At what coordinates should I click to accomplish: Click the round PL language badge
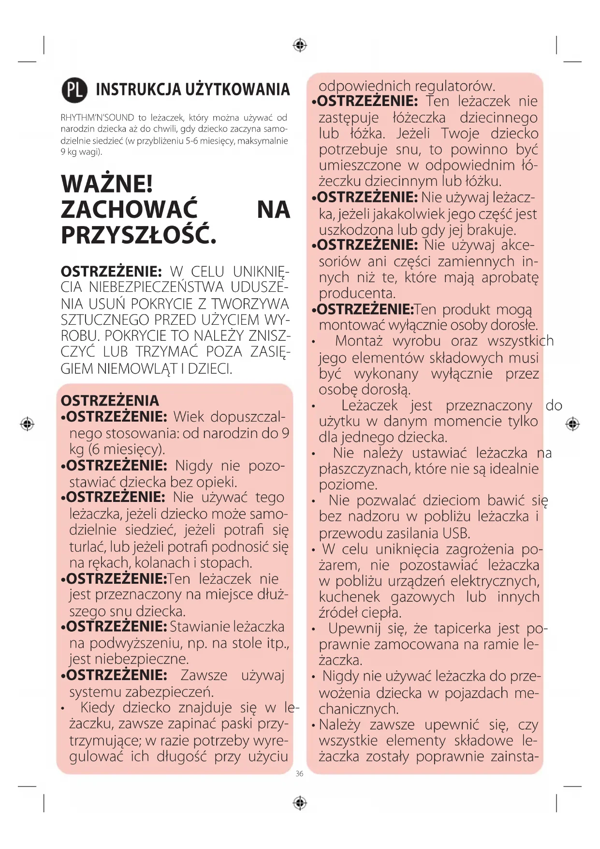[74, 90]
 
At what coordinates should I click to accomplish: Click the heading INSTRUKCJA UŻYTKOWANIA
[192, 90]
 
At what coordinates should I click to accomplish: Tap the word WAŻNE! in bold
[107, 184]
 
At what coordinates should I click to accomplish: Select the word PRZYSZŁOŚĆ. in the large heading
[138, 236]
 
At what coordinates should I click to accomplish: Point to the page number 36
[299, 774]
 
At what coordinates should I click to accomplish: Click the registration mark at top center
[300, 45]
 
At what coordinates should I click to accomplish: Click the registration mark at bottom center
[300, 803]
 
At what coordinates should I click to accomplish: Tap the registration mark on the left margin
[27, 424]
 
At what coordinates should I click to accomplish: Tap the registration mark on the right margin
[572, 424]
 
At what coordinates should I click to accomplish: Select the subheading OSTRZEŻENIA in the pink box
[110, 401]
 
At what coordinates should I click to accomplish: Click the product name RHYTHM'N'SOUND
[97, 118]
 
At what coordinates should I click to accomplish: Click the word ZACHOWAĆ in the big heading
[129, 210]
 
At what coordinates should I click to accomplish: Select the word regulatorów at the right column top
[455, 87]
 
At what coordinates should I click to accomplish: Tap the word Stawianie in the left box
[199, 627]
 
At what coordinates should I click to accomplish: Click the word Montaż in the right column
[359, 341]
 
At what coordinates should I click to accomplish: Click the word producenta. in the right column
[357, 293]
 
